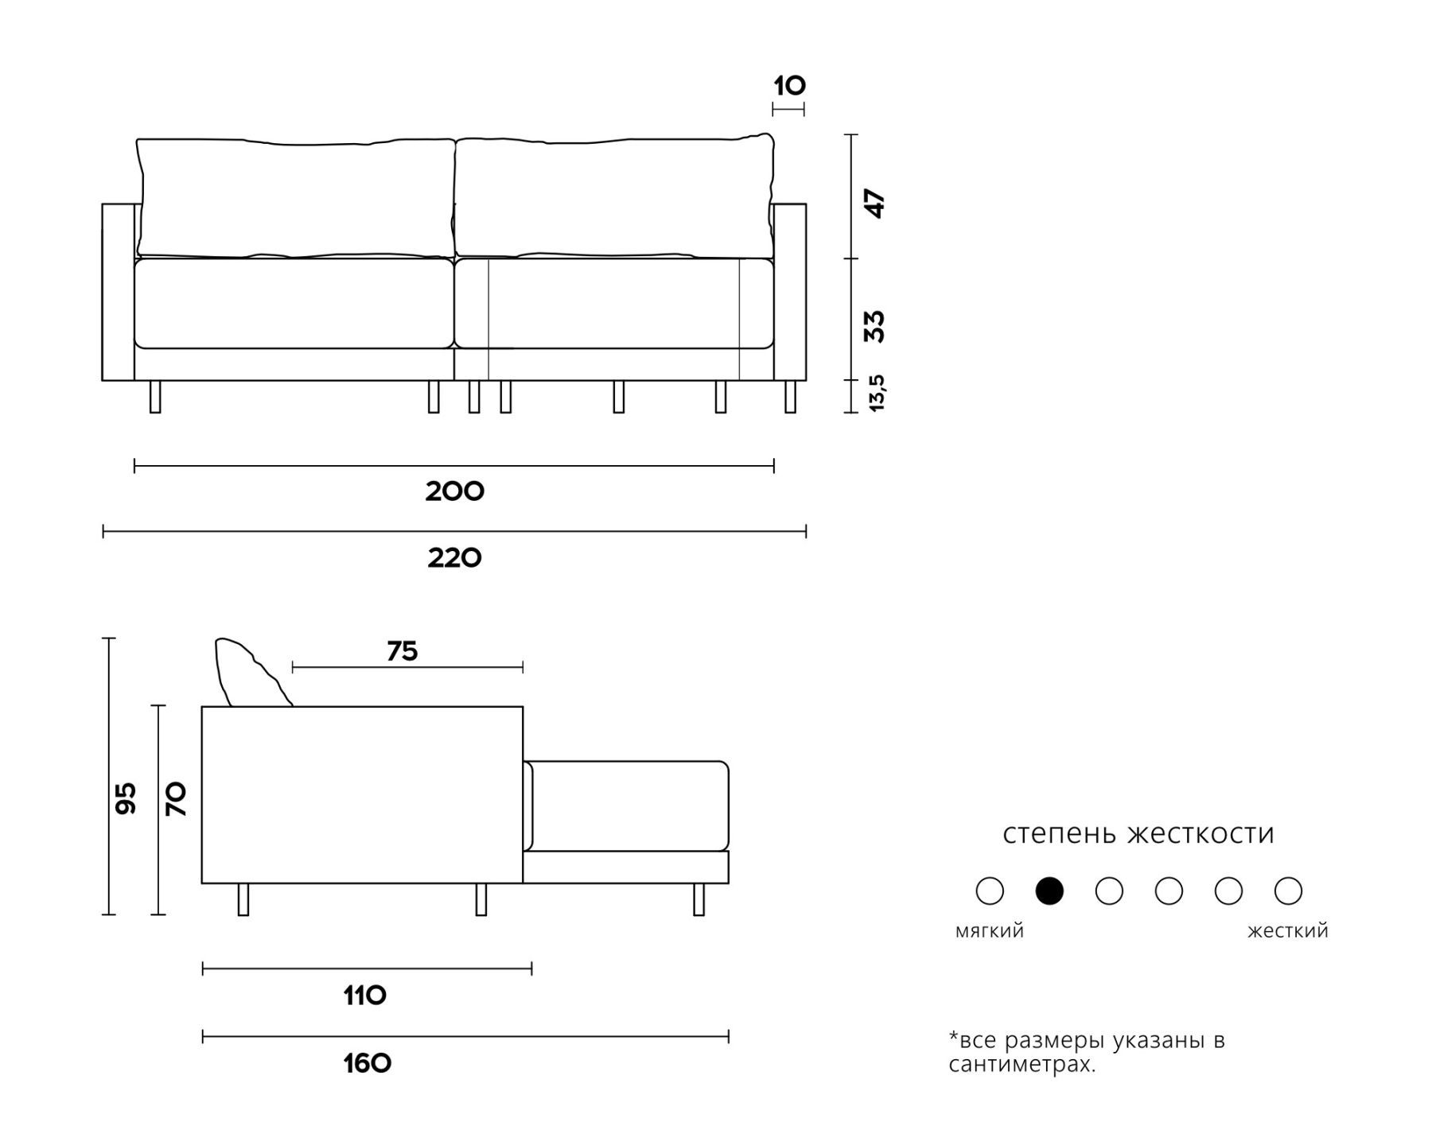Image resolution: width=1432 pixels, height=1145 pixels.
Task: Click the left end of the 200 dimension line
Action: pos(135,466)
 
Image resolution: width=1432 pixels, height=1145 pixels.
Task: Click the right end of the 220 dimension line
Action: pos(806,531)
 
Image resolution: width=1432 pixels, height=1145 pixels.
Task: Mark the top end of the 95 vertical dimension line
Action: pos(110,638)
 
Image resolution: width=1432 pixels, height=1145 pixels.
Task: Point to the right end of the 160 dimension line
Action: pos(729,1036)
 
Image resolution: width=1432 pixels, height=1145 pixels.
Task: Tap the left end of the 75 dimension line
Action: pos(293,667)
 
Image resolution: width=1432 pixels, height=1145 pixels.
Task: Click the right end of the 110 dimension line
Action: pos(531,968)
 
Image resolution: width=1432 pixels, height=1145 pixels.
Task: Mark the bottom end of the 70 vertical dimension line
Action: pos(158,914)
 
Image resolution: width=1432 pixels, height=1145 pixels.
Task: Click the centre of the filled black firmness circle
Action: pos(1049,891)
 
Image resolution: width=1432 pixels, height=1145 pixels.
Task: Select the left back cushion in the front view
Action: pos(296,198)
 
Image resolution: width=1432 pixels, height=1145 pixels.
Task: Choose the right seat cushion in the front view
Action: pos(614,303)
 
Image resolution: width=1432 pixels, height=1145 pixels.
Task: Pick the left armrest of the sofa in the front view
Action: pos(119,292)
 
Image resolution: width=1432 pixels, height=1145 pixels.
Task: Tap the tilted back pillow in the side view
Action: pos(251,672)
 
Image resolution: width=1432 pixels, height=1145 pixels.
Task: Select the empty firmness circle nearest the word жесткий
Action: pos(1288,891)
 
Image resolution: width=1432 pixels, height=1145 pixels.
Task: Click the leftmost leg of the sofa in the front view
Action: pos(155,397)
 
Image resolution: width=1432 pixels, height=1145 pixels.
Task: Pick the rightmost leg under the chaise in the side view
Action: pos(698,899)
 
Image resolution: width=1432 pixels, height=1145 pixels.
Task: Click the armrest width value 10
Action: pos(790,85)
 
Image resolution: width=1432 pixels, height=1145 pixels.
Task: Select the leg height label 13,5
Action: pos(876,393)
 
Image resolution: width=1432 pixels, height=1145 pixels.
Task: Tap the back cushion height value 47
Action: pos(874,204)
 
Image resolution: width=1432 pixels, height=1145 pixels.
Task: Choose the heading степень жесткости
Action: pos(1138,833)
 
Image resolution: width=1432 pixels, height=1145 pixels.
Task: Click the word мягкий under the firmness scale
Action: pos(990,931)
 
